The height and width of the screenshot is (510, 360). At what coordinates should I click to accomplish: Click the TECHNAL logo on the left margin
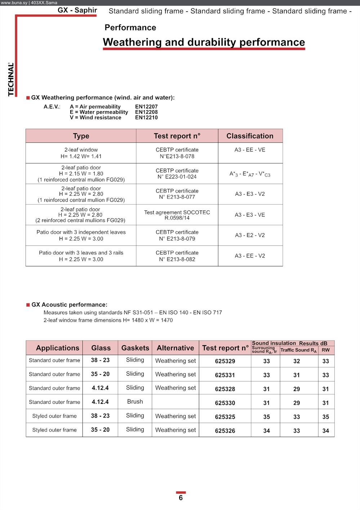click(x=11, y=79)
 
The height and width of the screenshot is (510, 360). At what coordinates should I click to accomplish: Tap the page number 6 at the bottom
click(x=181, y=498)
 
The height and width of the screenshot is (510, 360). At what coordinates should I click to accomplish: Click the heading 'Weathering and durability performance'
click(x=204, y=42)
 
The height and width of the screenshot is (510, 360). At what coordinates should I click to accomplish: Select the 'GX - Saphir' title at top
click(x=77, y=10)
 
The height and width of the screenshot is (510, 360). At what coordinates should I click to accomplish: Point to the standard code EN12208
click(x=146, y=112)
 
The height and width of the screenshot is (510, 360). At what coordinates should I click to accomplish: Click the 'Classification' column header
click(x=250, y=136)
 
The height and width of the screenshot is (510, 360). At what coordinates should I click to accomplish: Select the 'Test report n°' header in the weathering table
click(x=177, y=136)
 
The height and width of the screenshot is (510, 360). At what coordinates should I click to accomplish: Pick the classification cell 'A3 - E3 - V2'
click(x=250, y=194)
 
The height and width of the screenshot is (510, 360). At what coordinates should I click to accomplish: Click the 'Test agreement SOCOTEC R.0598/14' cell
click(x=177, y=215)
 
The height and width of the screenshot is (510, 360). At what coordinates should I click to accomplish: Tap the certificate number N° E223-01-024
click(x=177, y=177)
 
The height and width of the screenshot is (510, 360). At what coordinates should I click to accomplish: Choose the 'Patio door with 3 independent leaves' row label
click(x=81, y=232)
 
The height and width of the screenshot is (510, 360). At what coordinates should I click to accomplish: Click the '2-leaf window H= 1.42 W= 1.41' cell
click(x=81, y=153)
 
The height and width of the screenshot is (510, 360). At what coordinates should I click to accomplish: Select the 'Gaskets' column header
click(x=135, y=348)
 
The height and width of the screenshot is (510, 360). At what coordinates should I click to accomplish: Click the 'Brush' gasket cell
click(x=135, y=402)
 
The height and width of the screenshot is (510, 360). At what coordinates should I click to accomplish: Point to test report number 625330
click(x=225, y=403)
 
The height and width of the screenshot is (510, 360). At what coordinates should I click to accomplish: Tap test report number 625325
click(x=225, y=417)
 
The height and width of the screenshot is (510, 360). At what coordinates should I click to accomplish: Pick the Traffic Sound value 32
click(x=297, y=361)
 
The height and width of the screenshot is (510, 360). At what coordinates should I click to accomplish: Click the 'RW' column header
click(x=326, y=350)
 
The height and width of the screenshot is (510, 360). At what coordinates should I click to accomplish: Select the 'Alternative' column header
click(x=175, y=348)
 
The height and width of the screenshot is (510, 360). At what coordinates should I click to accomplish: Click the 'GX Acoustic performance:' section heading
click(x=69, y=305)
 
